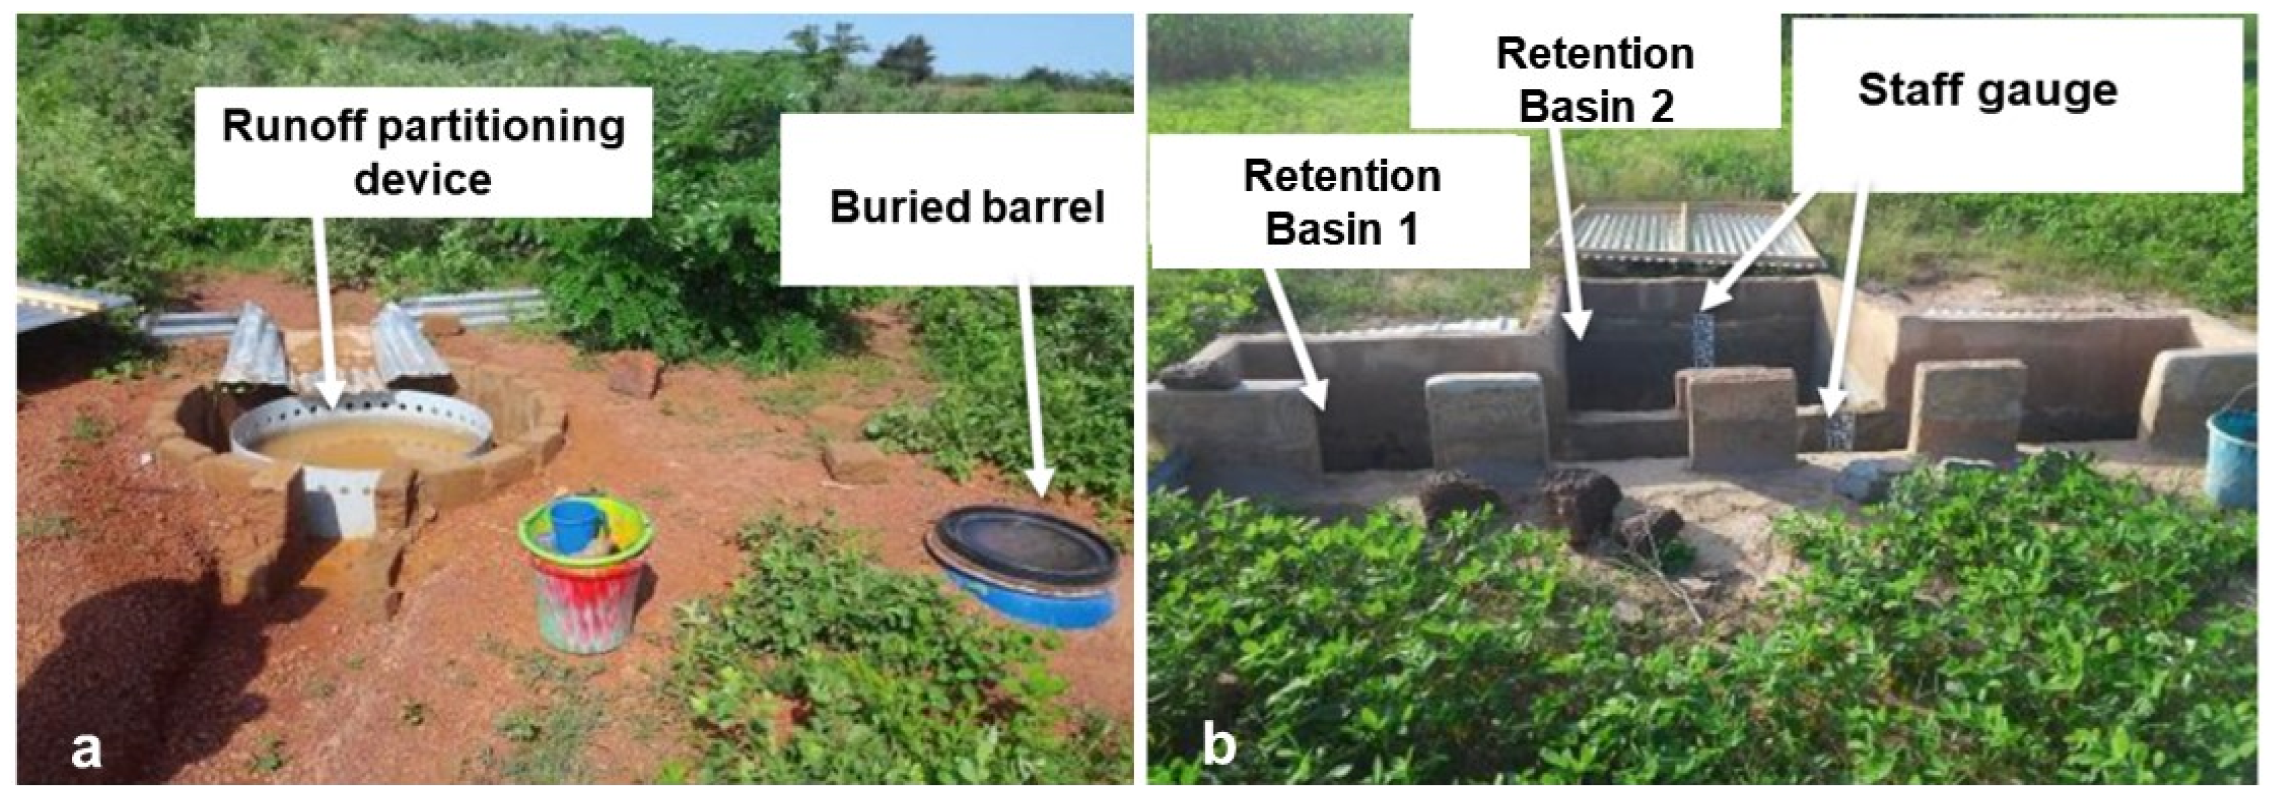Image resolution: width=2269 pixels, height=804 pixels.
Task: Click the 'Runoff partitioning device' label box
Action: click(x=423, y=151)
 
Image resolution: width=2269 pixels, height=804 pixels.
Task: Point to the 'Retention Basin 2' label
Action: click(x=1595, y=80)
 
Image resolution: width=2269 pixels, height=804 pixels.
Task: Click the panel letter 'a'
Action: click(x=86, y=750)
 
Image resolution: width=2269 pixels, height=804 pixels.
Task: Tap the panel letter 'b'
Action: click(x=1219, y=746)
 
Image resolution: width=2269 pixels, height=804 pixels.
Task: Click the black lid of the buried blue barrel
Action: click(x=1022, y=546)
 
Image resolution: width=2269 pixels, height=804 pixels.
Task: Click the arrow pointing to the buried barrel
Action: click(x=1031, y=387)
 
